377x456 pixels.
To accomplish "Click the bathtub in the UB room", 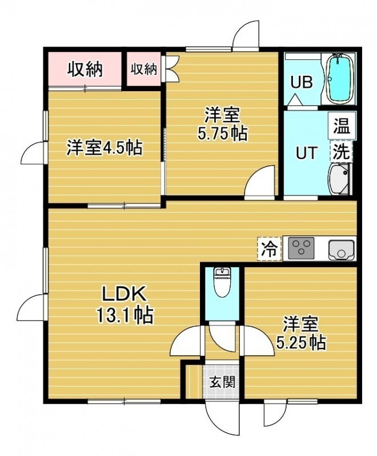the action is coord(340,79).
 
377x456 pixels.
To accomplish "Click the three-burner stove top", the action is coord(301,249).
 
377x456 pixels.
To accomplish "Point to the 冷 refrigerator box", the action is coord(269,249).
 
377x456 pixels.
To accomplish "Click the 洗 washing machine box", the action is coord(340,151).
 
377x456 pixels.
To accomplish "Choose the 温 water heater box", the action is coord(342,125).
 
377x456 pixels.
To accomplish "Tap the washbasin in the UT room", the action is coord(339,178).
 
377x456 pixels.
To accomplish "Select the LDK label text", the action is coord(123,295).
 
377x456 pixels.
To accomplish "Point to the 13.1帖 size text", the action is coord(125,315).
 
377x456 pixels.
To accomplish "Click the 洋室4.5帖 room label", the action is coord(105,148).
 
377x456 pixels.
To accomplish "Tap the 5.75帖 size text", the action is coord(223,133).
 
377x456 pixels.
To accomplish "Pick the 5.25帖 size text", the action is coord(301,343).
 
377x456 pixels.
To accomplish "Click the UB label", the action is coord(302,82).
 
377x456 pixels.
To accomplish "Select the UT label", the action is coord(306,153).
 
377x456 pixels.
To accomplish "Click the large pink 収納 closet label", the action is coord(85,70).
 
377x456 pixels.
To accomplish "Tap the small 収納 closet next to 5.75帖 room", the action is coord(143,69).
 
